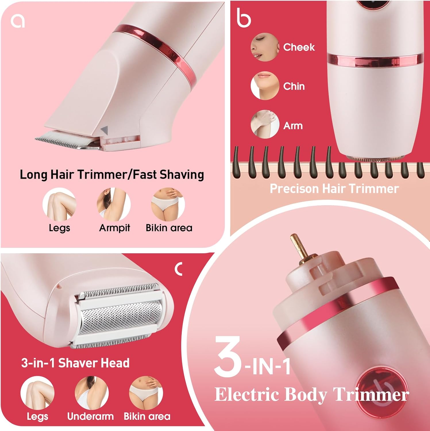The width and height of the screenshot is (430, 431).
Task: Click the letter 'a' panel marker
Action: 18,21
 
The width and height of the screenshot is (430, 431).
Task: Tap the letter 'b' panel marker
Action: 244,18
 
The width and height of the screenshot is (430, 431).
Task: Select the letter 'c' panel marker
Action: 179,269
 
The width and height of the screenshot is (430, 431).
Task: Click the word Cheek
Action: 299,47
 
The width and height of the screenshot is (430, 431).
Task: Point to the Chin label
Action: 294,86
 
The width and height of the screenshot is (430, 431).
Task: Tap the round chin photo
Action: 265,86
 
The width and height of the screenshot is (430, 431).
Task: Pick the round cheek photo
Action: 265,47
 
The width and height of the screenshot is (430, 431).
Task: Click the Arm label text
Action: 293,126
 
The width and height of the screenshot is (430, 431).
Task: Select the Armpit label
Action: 114,228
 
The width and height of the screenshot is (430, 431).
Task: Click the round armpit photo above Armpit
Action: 114,204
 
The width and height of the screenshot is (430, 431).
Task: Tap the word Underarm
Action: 90,416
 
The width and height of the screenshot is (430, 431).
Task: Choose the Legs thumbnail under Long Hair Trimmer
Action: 59,204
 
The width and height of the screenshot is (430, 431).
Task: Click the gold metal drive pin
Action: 299,247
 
